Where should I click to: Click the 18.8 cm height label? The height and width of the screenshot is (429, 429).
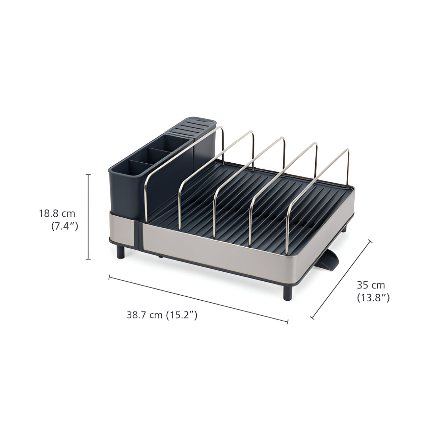(x=57, y=214)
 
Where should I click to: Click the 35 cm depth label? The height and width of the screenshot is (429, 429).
(x=371, y=285)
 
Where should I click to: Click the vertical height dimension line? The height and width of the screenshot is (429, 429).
(x=89, y=216)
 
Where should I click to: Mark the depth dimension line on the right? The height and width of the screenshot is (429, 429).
(x=341, y=279)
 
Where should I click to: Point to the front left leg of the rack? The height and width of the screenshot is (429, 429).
(x=122, y=252)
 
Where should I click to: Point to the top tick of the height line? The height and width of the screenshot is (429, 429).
(x=89, y=174)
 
